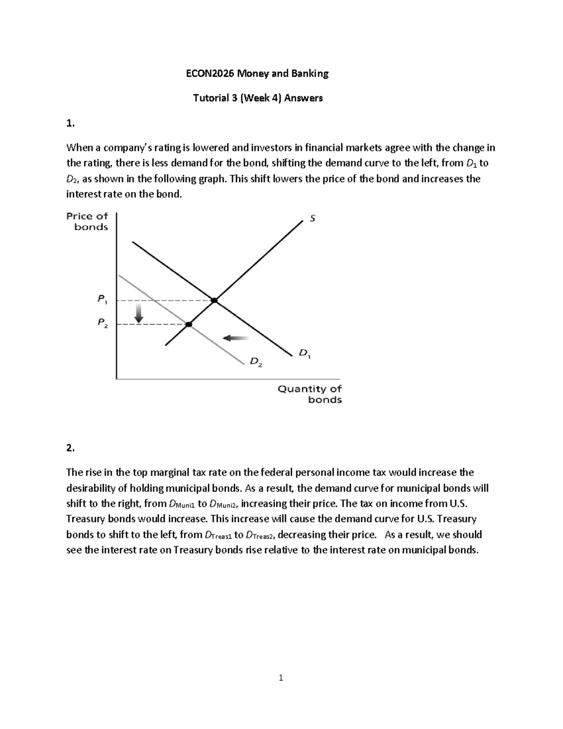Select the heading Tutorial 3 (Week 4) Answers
click(258, 98)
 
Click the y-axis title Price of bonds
click(87, 222)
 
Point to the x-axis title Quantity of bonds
click(310, 394)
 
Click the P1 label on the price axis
click(102, 299)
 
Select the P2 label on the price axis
click(102, 322)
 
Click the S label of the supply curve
click(312, 218)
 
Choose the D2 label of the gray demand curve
click(256, 362)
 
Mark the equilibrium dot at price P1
click(214, 300)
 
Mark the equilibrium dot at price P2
click(189, 324)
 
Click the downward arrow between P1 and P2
click(138, 313)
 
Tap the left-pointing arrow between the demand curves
click(236, 338)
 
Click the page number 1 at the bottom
click(281, 677)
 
